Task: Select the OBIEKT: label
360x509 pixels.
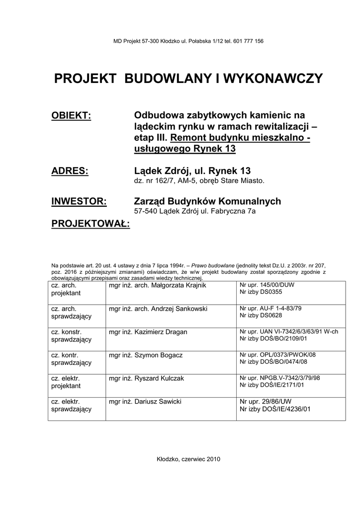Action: coord(72,116)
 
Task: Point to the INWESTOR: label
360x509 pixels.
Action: coord(79,201)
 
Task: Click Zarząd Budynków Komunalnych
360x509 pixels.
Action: coord(207,201)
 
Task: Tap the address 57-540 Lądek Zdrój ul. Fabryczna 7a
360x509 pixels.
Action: coord(192,211)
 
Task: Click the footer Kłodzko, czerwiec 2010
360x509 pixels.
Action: coord(188,459)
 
